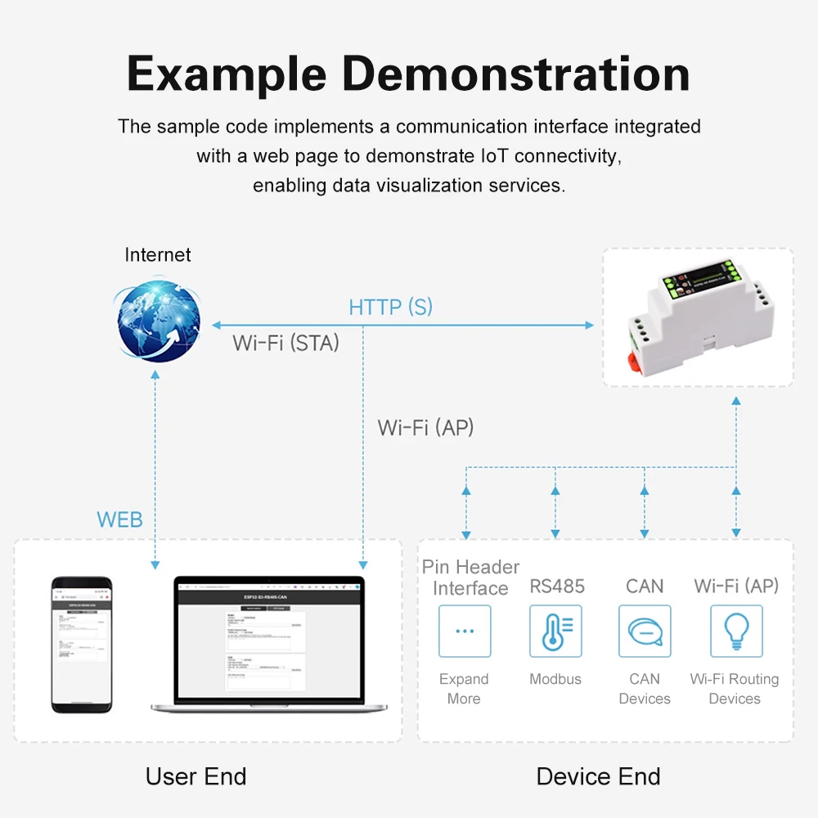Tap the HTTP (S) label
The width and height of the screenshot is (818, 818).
coord(390,308)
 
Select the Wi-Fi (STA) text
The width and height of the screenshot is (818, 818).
coord(285,343)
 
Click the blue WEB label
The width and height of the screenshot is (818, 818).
coord(119,519)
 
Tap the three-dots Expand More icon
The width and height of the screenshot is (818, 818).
coord(465,631)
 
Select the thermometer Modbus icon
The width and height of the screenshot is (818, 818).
coord(555,631)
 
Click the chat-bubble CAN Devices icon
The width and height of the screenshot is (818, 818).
coord(645,631)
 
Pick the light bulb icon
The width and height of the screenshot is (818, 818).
coord(735,631)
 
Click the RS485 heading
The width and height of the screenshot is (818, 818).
coord(557,586)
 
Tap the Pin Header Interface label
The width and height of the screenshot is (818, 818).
coord(470,578)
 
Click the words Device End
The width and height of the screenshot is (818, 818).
coord(598,776)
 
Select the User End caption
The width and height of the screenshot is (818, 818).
coord(196,776)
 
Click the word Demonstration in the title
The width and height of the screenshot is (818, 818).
coord(516,74)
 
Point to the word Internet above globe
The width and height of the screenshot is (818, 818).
coord(158,254)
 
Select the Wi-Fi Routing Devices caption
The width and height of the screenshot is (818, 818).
coord(735,689)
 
